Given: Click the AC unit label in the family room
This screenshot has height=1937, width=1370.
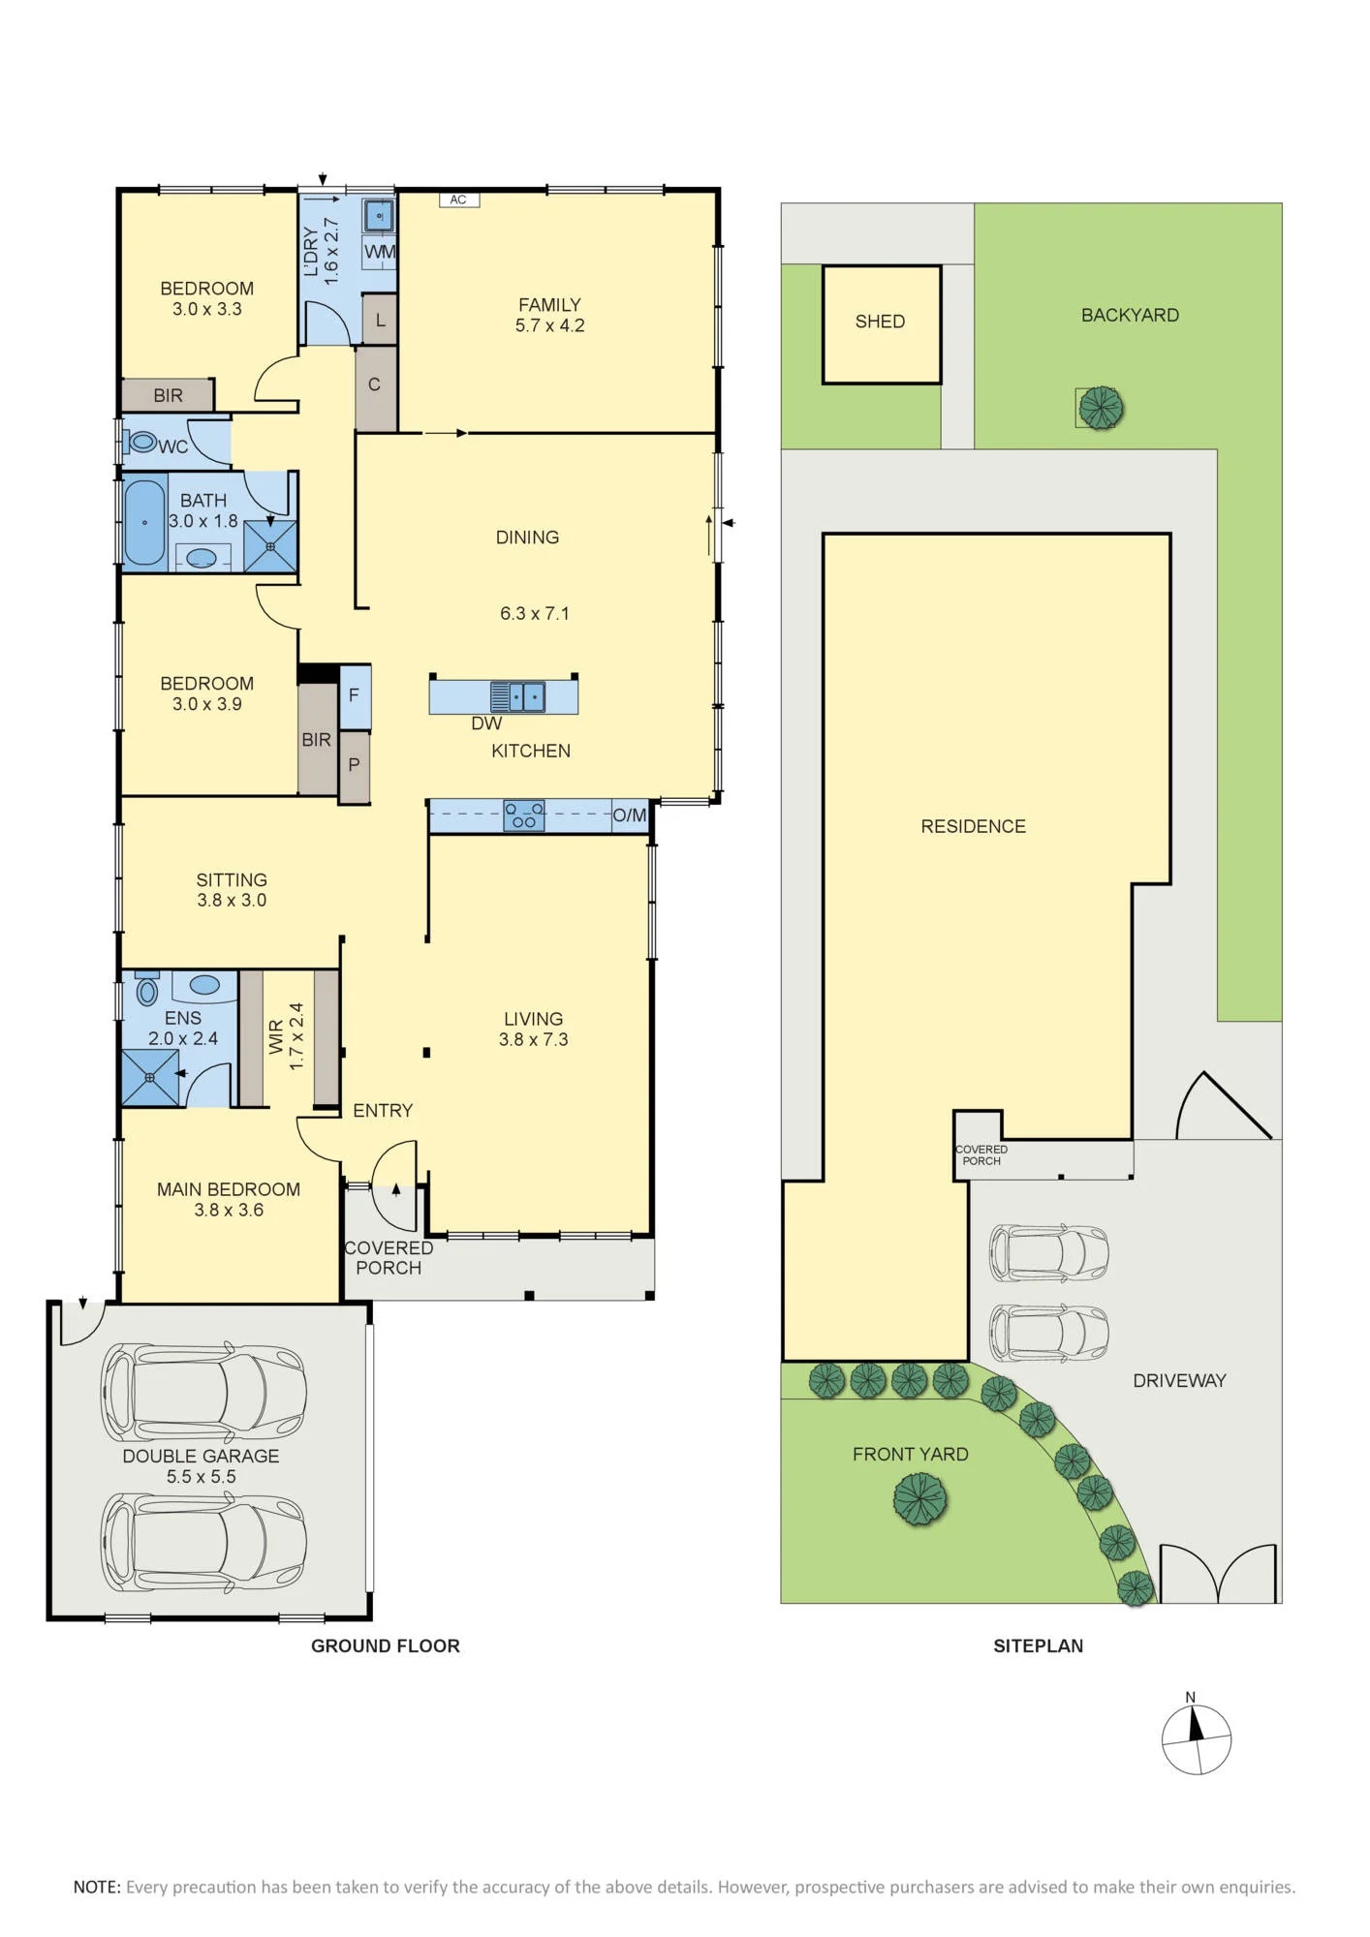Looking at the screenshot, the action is (458, 200).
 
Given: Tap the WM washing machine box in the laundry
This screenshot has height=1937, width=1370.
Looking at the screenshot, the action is (379, 252).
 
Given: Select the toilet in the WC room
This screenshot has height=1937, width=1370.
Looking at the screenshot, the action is (140, 443).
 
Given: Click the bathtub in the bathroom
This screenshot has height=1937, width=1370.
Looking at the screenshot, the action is (144, 522).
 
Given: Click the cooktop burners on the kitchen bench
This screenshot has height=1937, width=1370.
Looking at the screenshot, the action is (524, 815).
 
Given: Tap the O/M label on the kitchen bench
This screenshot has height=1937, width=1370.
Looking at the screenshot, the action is (629, 815).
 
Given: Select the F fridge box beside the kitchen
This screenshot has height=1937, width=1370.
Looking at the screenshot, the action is (355, 696).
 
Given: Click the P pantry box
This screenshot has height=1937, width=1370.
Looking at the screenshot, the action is (355, 766).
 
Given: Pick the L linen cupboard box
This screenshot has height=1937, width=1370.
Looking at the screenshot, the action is (380, 319).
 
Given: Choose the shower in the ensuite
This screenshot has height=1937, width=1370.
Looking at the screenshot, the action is (150, 1078).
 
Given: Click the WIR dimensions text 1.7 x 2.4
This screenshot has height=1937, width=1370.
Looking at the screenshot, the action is (296, 1036).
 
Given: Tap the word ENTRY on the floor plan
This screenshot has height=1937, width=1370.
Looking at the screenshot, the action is (383, 1111).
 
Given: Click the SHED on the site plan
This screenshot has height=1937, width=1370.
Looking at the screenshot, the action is (882, 324).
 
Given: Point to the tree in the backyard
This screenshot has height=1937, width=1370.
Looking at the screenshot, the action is (1101, 408).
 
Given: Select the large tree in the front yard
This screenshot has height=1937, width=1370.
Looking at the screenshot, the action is (919, 1500).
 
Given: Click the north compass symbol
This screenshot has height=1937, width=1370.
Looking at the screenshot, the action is (1197, 1738).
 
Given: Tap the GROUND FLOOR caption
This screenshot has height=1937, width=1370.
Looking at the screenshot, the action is (386, 1645).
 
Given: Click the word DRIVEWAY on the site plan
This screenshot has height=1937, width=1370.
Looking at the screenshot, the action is (1179, 1381).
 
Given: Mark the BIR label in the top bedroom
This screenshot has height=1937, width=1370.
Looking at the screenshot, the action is (168, 395).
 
